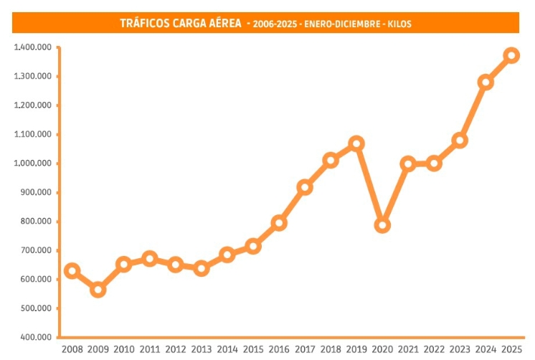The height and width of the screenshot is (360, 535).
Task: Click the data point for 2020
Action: point(382,225)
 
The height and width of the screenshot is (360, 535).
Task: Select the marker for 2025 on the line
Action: point(511,55)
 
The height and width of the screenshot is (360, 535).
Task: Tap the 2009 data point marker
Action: point(98,290)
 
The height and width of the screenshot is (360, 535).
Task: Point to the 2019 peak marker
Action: point(356,143)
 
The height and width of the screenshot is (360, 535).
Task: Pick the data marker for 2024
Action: point(486,82)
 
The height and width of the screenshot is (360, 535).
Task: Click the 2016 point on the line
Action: point(279,223)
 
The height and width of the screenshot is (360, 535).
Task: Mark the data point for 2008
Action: point(72,271)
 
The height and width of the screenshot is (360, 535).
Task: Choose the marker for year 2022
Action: point(434,163)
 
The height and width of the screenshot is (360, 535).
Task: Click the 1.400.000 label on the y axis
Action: point(32,47)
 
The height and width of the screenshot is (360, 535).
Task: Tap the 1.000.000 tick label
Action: point(32,164)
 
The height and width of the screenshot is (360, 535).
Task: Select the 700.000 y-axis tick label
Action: point(35,250)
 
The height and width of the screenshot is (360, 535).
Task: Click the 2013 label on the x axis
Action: point(202,349)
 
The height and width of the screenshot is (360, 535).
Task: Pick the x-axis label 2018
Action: point(331,349)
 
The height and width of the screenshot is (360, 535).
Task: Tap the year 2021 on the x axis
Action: point(408,349)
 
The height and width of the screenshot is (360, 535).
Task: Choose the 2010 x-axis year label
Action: point(124,349)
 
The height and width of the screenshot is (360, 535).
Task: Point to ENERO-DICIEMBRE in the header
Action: point(336,24)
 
